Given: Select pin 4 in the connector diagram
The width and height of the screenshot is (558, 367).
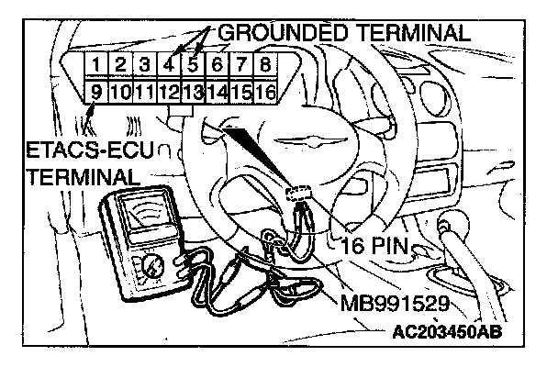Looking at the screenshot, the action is [170, 65].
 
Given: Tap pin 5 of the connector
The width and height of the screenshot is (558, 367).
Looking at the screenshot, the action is [194, 65].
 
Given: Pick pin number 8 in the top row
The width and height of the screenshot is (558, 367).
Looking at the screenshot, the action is [264, 65].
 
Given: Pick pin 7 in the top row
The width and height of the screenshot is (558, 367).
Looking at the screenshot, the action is [240, 65].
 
